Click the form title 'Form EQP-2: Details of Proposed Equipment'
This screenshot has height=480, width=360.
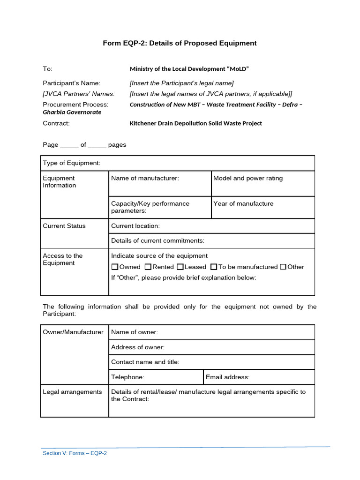180,43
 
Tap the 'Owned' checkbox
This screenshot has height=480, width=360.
115,267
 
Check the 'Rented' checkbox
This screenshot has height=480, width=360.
148,267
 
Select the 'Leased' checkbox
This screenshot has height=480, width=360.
180,267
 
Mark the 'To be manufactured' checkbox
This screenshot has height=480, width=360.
214,267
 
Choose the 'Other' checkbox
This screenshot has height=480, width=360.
283,267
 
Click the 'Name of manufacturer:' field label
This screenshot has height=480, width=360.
145,178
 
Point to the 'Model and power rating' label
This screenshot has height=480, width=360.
248,178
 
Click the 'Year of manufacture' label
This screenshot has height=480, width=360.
243,203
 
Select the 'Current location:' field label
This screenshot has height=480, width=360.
135,226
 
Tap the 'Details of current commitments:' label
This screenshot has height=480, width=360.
157,241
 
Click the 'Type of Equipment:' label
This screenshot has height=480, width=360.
72,163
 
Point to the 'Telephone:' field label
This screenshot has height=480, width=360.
127,377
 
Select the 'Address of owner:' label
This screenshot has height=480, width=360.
138,347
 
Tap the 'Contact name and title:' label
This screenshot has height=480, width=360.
145,362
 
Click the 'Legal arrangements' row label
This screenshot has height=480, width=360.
72,392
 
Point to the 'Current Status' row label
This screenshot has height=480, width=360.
64,226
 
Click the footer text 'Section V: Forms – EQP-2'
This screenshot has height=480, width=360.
75,453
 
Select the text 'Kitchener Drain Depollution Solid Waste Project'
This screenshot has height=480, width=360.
195,123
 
